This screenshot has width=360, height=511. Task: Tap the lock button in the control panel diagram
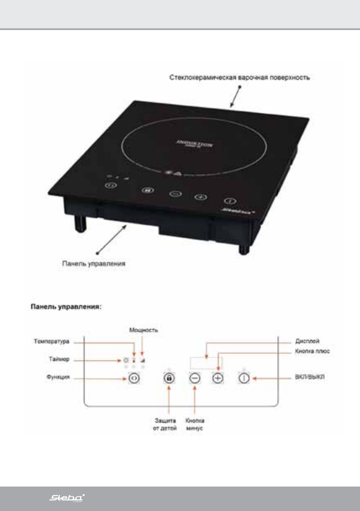169,379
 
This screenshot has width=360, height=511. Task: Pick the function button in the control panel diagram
133,378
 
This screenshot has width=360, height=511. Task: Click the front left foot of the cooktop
80,222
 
